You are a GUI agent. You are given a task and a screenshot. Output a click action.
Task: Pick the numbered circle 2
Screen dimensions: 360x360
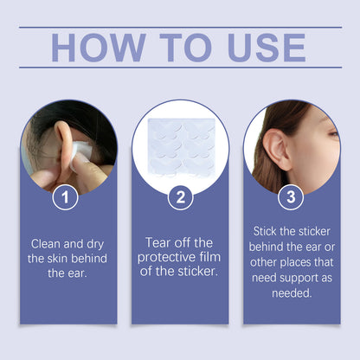pos(180,198)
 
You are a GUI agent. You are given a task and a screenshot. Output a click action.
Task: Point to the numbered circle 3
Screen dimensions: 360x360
pos(291,198)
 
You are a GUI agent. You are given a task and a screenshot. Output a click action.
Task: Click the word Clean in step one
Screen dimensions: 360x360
pos(48,244)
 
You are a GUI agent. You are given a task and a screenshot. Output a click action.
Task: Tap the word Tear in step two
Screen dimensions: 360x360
pos(162,243)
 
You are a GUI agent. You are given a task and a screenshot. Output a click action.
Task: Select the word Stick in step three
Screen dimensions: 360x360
pos(268,231)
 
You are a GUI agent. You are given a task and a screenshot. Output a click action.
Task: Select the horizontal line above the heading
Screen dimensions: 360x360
pos(180,27)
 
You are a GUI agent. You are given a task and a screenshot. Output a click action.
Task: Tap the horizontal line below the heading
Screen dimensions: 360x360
pos(180,67)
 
